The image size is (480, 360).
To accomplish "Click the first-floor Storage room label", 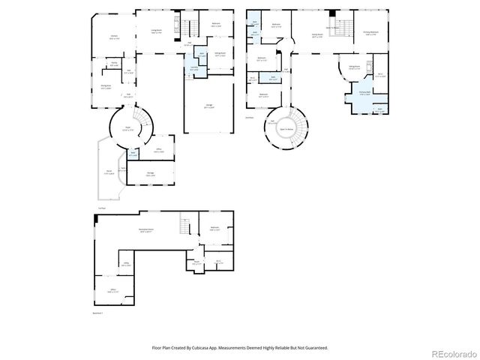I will (150, 175).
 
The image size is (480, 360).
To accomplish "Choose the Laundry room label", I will (194, 68).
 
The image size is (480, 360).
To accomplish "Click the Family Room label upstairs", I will (317, 35).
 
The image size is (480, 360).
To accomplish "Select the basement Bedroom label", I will (215, 229).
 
